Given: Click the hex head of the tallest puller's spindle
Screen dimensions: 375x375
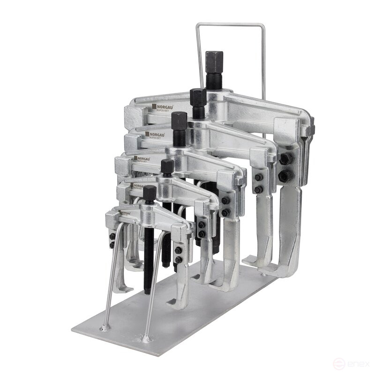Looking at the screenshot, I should (214, 61).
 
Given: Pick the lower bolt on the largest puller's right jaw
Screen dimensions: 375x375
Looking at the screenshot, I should (285, 176).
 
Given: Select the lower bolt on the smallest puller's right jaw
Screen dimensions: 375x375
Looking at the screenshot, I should (178, 259).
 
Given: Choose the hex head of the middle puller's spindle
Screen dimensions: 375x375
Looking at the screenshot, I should (179, 121).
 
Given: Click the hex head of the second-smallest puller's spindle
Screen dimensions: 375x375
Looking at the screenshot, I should (167, 166).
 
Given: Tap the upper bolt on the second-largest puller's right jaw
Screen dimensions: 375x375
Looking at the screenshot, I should (258, 177).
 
